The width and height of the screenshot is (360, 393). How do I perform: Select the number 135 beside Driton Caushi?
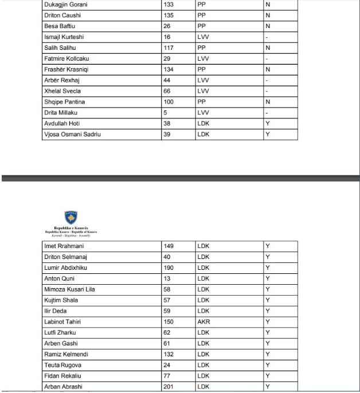click(169, 15)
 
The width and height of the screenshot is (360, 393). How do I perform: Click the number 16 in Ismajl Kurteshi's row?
click(167, 37)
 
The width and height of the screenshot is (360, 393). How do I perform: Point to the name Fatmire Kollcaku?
click(66, 58)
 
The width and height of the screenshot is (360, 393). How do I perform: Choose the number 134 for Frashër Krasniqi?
click(169, 69)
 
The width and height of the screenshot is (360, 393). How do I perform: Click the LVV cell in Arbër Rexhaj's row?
click(203, 80)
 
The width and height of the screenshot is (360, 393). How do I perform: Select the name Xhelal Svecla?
click(63, 91)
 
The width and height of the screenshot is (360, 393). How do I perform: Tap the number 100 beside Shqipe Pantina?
click(169, 102)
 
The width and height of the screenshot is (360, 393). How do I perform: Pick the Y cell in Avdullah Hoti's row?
click(267, 124)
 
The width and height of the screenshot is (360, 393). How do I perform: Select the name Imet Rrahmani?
click(64, 246)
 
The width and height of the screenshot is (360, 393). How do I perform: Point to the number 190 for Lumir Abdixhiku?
click(169, 268)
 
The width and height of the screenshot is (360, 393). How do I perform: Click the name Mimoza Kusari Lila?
click(69, 289)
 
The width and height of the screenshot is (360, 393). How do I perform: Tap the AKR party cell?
click(204, 322)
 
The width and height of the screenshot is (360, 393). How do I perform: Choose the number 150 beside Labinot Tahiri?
click(169, 322)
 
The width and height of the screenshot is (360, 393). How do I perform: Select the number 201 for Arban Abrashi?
click(169, 387)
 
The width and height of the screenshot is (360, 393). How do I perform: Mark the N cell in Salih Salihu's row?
click(267, 48)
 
